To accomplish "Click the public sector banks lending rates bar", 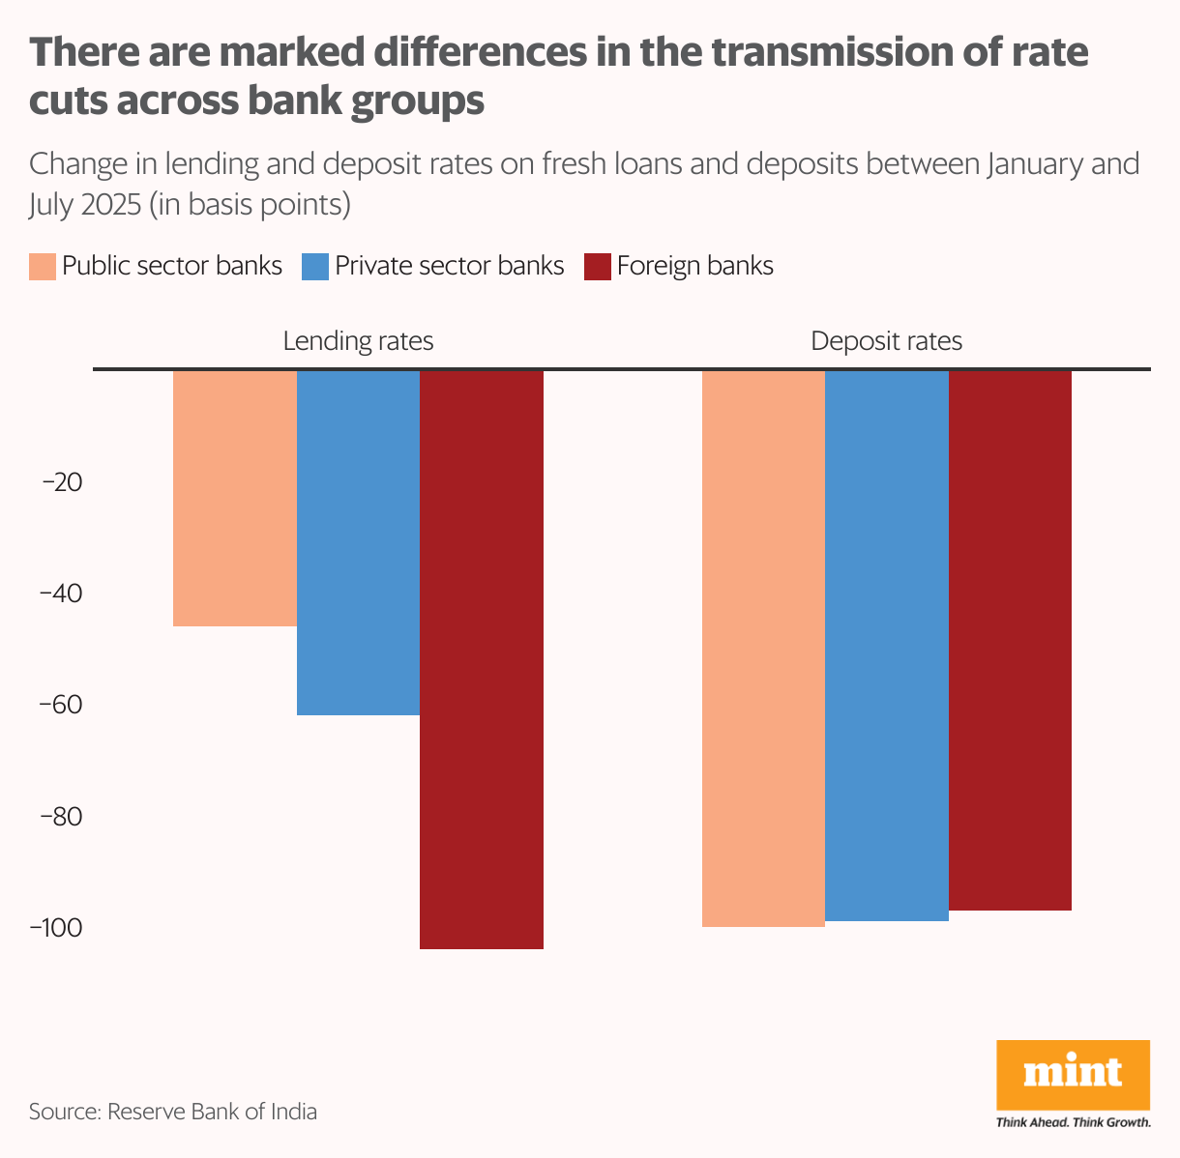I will pos(235,498).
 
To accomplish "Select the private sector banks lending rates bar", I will pos(358,542).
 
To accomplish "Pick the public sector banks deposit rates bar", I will pos(763,648).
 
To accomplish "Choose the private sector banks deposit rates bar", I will pos(887,645).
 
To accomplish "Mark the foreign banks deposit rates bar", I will pos(1010,640).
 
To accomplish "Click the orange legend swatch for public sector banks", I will pos(43,267).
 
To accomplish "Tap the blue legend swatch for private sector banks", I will pos(315,267).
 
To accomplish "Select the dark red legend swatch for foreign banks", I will pos(598,267).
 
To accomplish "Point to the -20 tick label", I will pos(60,482).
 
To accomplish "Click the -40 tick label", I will pos(60,593).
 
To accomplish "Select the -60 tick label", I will pos(60,705).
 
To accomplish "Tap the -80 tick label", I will pos(60,817).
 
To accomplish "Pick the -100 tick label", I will pos(56,928).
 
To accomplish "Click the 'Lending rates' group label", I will pos(358,341).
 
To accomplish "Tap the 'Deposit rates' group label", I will pos(886,341).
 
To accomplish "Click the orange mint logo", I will pos(1073,1075).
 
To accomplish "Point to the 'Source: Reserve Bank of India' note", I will pos(173,1112).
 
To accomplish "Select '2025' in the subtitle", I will pos(105,205).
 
